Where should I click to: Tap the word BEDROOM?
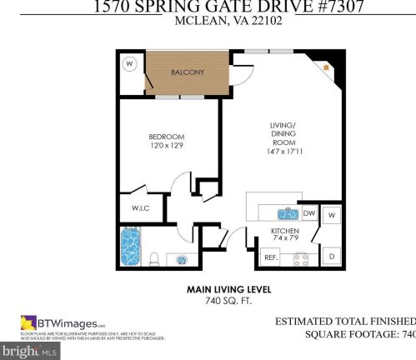pyautogui.click(x=166, y=137)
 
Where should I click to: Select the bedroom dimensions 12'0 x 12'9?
pyautogui.click(x=166, y=147)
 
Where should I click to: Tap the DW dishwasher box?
pyautogui.click(x=308, y=213)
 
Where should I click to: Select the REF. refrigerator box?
pyautogui.click(x=270, y=257)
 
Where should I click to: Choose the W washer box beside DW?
pyautogui.click(x=332, y=215)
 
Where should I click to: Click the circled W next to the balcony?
pyautogui.click(x=129, y=63)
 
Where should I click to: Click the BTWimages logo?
pyautogui.click(x=63, y=323)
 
